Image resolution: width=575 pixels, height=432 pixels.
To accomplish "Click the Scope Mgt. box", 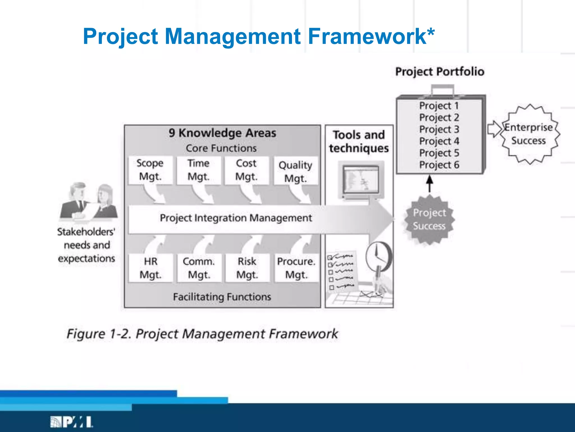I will point(150,170).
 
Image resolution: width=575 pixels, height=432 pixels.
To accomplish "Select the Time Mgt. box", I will point(198,170).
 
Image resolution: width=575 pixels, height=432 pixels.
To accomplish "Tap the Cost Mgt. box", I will point(246,170).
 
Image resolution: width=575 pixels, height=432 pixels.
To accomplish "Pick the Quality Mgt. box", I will point(296,171).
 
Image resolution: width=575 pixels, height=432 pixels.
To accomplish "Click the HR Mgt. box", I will point(150,268).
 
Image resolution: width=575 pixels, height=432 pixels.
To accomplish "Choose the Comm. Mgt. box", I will point(199,268).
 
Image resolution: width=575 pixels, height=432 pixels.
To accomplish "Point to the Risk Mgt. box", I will point(247,268).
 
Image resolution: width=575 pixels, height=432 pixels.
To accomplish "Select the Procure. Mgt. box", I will point(296,268).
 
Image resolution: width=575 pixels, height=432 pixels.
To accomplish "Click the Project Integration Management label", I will point(236,218).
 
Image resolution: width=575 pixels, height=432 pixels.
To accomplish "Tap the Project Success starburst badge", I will point(429,219).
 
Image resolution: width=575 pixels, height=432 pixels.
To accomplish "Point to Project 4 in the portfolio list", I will point(439,141).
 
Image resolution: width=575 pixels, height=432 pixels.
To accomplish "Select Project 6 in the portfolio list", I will point(439,165).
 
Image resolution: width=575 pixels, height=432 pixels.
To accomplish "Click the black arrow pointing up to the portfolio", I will point(430,183).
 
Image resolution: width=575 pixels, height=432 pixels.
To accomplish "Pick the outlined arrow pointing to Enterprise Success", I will point(494,129).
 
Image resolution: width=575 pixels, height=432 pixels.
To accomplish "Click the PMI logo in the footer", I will point(71,422).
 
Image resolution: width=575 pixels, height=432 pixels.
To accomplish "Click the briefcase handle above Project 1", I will point(443,89).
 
